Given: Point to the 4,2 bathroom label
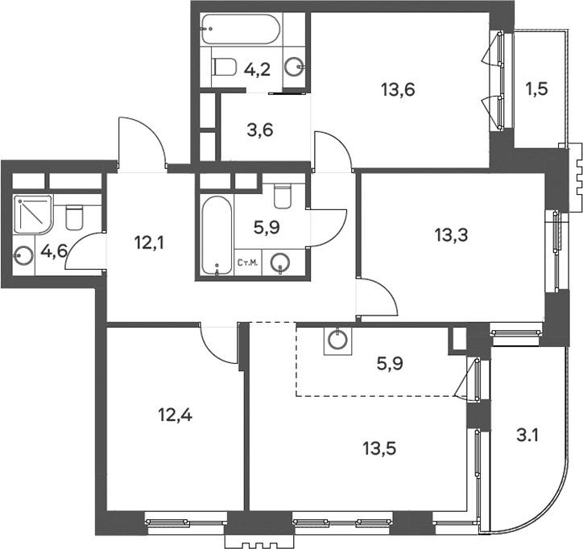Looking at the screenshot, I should pos(257,69).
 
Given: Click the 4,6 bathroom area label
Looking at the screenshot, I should pos(54,252).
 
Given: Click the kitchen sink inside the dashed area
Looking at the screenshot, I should pos(337,340).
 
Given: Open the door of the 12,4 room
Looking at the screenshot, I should pos(219,344).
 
